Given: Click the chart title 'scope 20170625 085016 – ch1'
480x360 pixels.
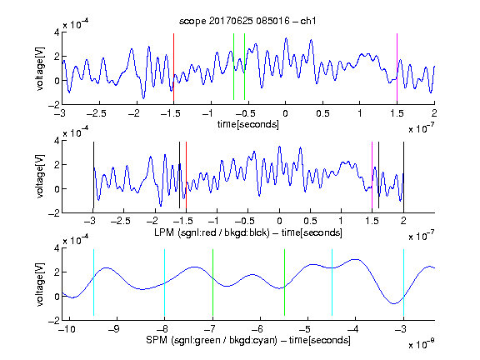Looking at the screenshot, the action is [247, 21].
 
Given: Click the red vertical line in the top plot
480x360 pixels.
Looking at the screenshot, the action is [174, 67].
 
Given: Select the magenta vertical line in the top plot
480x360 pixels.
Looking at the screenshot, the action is [397, 67].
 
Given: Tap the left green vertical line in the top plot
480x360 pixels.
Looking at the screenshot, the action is [234, 67].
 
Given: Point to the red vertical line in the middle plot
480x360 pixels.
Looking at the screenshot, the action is [186, 175].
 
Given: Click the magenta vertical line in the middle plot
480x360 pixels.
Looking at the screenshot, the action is [372, 175].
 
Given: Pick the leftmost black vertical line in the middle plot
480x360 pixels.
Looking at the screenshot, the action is [93, 175].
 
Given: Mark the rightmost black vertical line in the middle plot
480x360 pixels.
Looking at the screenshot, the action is [403, 175].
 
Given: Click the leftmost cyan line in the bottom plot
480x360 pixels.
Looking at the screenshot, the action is [93, 282].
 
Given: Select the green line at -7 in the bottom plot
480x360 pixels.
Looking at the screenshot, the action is [212, 282].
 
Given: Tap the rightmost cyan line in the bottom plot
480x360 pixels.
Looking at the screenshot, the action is [403, 282].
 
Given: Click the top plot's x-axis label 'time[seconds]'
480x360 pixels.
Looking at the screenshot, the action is [248, 124].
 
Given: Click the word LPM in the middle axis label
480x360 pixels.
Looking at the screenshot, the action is [164, 232].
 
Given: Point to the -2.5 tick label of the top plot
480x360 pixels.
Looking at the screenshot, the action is [96, 113].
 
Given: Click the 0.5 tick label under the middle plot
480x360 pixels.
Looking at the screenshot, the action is [310, 221].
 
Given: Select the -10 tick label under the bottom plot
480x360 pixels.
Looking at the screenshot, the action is [67, 329].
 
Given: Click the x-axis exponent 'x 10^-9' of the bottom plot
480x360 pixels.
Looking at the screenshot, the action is [422, 344].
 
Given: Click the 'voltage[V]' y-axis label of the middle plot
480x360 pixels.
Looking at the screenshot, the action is [40, 177].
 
